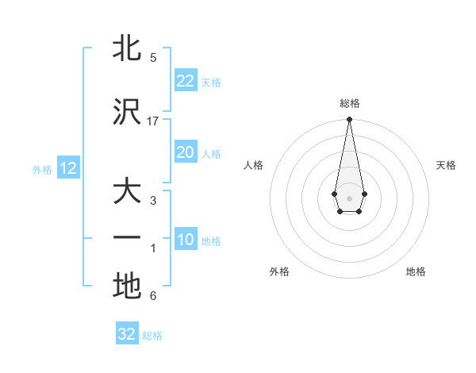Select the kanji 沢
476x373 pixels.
(127, 113)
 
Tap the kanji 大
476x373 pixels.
(127, 193)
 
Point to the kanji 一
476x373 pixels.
(127, 238)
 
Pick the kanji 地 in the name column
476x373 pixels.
(127, 286)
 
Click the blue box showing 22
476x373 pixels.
(186, 82)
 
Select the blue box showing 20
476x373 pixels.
(186, 153)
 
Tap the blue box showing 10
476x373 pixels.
(186, 240)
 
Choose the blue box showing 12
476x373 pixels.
(68, 169)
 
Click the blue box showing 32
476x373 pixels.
(127, 334)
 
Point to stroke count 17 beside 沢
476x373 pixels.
(153, 121)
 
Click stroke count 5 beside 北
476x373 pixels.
(153, 57)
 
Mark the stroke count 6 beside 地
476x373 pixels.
(153, 296)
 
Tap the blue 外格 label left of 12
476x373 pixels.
(42, 170)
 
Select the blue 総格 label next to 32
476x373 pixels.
(152, 336)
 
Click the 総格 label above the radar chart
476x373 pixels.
(349, 103)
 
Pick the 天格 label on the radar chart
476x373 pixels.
(446, 165)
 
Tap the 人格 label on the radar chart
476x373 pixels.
(254, 165)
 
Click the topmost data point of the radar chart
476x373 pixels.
(349, 120)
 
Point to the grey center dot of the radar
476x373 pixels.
(349, 197)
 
